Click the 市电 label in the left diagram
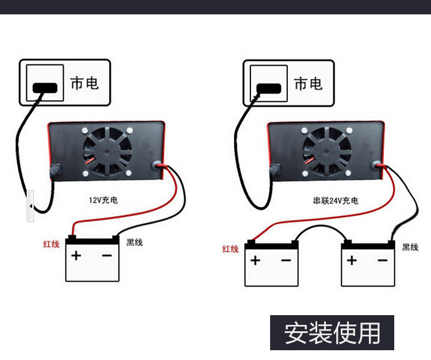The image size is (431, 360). (84, 83)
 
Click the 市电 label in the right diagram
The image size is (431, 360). (309, 83)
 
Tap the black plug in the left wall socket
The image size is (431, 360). (45, 88)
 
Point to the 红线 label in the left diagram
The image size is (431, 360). (51, 244)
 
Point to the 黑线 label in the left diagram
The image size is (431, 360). (134, 243)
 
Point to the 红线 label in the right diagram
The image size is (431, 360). (230, 249)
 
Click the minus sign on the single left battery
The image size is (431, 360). (107, 255)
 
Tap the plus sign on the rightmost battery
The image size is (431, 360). (352, 261)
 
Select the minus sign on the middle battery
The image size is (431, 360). (286, 261)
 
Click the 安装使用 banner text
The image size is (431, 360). (332, 333)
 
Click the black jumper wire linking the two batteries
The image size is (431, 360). (321, 227)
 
